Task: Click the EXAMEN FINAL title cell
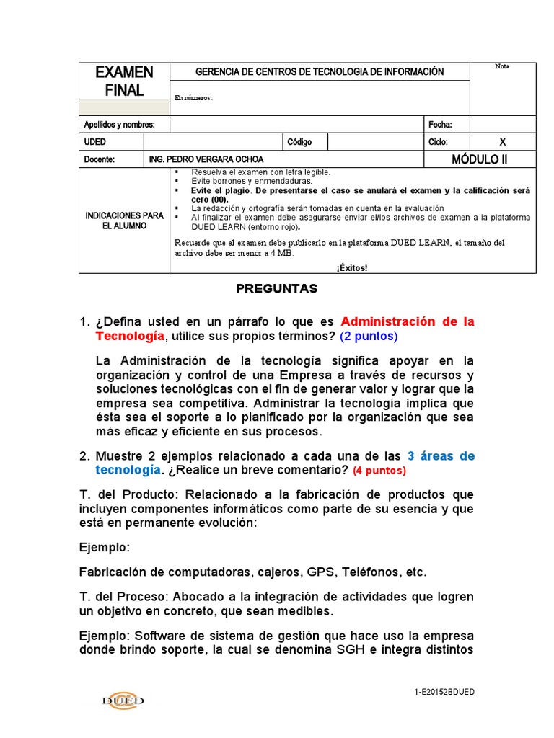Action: [124, 81]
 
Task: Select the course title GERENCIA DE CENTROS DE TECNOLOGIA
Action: [320, 72]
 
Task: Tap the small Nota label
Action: [502, 67]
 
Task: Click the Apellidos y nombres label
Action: [119, 124]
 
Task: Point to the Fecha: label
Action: [439, 124]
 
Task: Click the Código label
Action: [299, 142]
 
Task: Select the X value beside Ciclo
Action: [503, 142]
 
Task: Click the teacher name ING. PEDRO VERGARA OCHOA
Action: [206, 159]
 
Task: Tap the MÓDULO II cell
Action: [480, 159]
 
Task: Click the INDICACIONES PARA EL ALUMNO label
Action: [124, 221]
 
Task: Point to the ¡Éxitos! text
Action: [351, 267]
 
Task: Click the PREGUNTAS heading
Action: [276, 288]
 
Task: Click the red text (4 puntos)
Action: [379, 471]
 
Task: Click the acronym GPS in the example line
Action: [320, 572]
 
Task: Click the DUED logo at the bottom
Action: [123, 700]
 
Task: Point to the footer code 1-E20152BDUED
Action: [444, 693]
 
